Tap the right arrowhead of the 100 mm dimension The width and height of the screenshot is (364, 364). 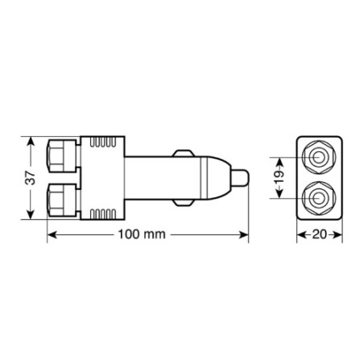[x=245, y=235]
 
